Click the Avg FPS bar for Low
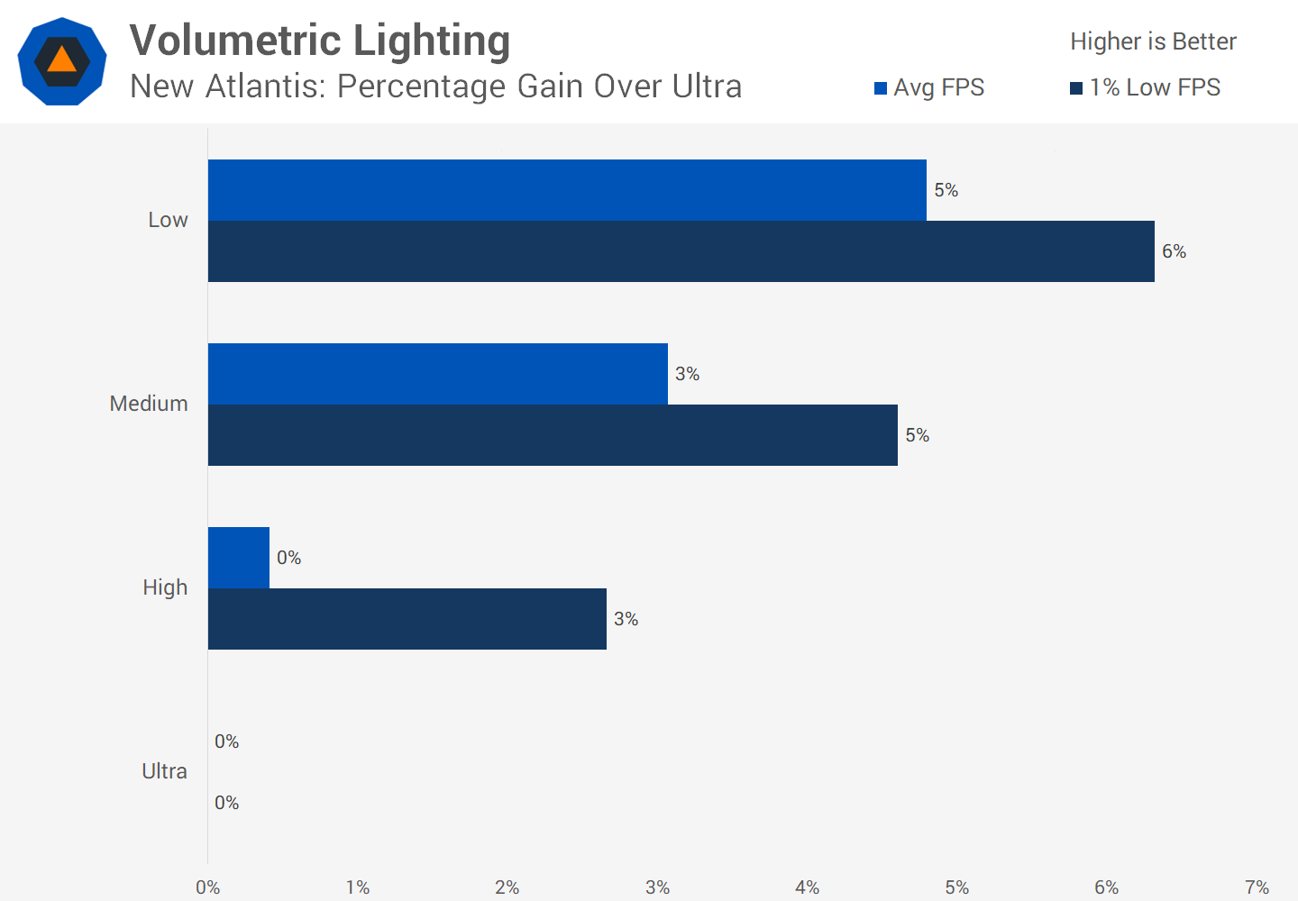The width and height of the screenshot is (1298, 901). click(x=567, y=190)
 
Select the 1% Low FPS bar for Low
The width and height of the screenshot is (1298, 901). click(x=681, y=251)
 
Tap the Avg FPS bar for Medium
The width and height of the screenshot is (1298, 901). click(x=438, y=374)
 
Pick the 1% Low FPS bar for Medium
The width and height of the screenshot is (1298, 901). click(x=553, y=435)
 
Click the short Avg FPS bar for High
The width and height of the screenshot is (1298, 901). click(x=239, y=558)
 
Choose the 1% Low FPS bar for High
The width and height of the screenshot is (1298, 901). click(x=407, y=619)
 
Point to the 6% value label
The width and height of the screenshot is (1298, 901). click(x=1174, y=251)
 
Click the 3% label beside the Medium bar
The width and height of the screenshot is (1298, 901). click(x=687, y=374)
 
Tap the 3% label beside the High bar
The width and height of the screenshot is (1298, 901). click(x=626, y=619)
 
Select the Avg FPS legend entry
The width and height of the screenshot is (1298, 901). click(x=929, y=87)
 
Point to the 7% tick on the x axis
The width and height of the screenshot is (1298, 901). click(x=1257, y=887)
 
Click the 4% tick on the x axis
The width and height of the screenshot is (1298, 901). click(x=807, y=887)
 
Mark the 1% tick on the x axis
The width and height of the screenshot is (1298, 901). click(x=358, y=887)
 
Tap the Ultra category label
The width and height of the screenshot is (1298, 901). click(x=164, y=771)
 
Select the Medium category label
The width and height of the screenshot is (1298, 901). click(x=149, y=404)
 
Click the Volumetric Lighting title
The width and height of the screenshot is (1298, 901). click(x=320, y=41)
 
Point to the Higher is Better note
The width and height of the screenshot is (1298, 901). click(x=1153, y=41)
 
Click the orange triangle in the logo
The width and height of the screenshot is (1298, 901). click(x=61, y=60)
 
